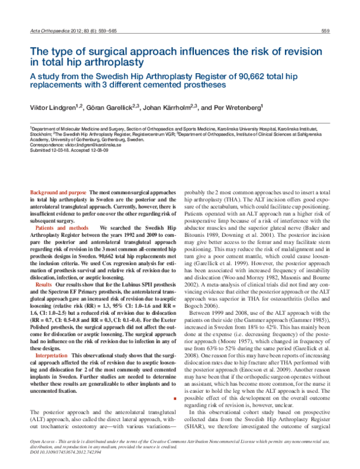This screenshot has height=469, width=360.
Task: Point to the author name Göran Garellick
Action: click(x=115, y=109)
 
